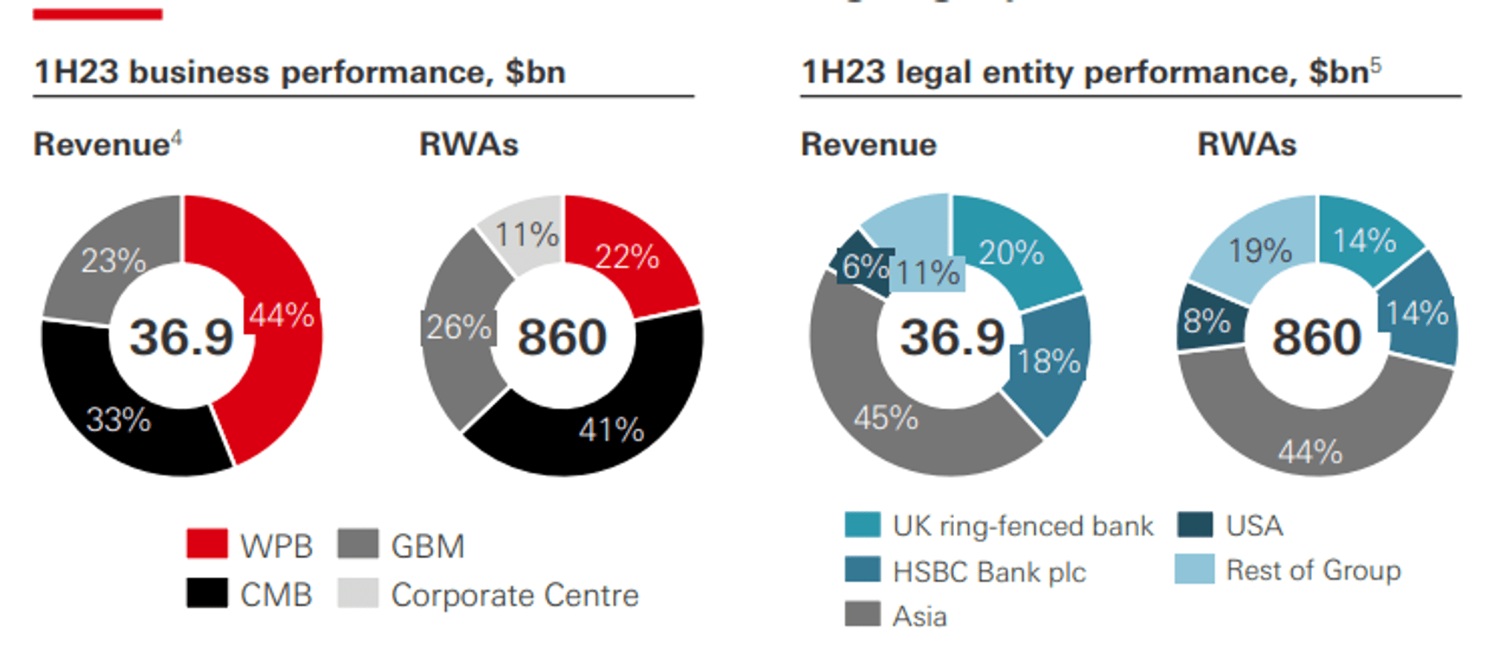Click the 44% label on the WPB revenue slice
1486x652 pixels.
point(281,316)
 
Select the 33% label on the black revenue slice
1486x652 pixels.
point(118,420)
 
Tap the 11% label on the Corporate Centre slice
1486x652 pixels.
point(526,235)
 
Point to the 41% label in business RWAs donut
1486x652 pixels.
point(611,430)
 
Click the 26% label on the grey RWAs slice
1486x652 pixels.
point(458,328)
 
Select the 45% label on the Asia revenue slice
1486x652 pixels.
point(886,418)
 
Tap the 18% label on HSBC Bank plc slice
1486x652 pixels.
point(1048,362)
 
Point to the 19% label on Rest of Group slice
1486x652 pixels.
point(1260,251)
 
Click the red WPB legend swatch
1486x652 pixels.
point(207,544)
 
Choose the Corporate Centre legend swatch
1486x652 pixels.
point(357,593)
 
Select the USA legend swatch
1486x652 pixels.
point(1195,525)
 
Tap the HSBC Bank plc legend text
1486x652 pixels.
point(989,572)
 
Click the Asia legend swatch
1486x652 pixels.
point(863,615)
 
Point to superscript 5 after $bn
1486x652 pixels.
point(1376,65)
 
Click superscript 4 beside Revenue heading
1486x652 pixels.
point(176,138)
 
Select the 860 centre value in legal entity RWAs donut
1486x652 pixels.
point(1317,338)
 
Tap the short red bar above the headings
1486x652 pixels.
point(97,14)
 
